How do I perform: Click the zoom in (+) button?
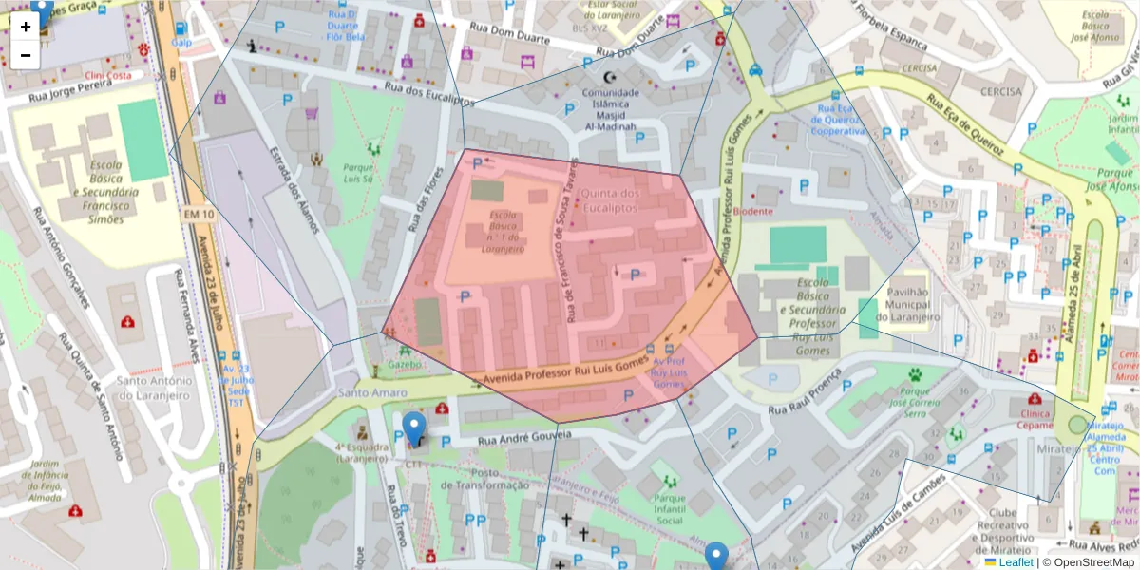[26, 27]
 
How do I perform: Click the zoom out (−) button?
[26, 55]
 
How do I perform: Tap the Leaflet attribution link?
[1015, 562]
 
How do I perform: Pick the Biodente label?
[754, 212]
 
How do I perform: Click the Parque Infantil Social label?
[670, 509]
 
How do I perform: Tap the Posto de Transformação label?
[484, 479]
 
